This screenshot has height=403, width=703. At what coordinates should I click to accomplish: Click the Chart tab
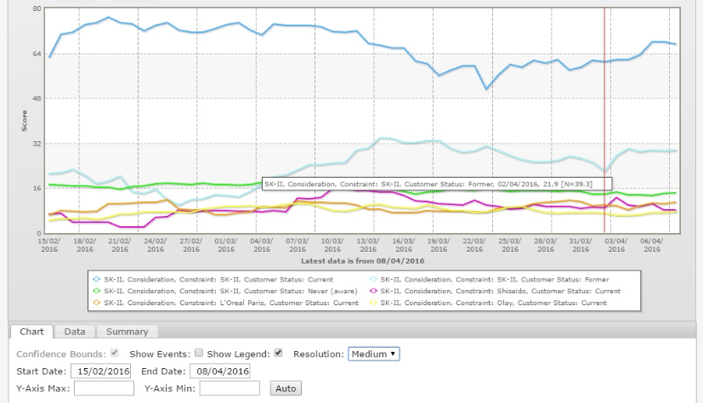pos(31,332)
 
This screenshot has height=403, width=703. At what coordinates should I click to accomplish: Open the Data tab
pos(75,332)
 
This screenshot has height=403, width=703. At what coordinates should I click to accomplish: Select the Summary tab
pos(127,332)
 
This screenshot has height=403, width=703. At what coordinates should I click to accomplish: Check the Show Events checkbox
pos(199,354)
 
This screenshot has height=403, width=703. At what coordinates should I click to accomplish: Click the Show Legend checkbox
pos(278,354)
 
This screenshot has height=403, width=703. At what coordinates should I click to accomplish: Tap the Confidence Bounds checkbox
pos(114,354)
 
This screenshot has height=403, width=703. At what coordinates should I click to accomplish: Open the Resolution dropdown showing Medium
pos(373,354)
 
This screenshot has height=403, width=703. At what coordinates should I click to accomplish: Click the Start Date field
pos(102,371)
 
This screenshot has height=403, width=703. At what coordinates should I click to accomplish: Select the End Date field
pos(221,371)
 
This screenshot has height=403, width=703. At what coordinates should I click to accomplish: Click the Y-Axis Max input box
pos(104,389)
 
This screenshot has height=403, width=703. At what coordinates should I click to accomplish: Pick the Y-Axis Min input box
pos(230,389)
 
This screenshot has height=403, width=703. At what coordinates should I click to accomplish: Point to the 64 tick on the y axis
pos(37,54)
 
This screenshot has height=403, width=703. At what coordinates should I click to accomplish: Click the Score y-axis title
pos(25,120)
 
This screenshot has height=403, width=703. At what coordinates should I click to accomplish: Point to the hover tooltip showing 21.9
pos(436,183)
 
